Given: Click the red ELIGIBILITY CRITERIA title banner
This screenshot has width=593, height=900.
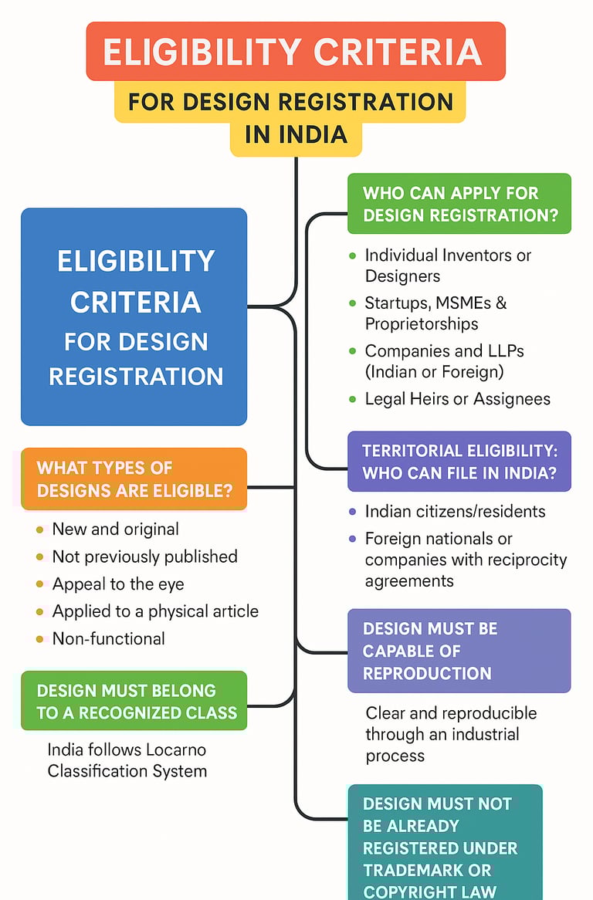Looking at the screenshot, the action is (295, 52).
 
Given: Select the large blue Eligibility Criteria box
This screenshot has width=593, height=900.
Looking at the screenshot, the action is (134, 316).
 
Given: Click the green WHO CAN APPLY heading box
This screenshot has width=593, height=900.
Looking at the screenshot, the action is (459, 204).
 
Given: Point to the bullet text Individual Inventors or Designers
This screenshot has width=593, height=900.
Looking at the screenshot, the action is (448, 265).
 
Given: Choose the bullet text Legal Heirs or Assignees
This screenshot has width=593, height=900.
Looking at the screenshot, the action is (457, 398).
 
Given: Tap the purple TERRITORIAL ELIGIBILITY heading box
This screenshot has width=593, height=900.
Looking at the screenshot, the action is (459, 462).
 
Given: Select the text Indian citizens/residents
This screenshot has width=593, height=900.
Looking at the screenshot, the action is (455, 511).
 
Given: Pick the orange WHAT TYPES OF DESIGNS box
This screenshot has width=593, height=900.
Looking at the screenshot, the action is (134, 479).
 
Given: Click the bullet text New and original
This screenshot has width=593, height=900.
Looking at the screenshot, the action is (115, 529).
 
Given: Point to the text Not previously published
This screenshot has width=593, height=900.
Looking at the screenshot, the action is (144, 557).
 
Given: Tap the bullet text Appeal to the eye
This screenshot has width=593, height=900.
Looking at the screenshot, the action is (118, 584).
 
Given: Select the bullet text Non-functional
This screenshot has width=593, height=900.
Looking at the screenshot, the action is (108, 638).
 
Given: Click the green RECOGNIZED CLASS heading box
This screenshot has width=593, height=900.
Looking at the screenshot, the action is (134, 701).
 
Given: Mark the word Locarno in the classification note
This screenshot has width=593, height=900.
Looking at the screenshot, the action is (172, 749).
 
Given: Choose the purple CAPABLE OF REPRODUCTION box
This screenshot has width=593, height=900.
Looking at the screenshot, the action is (459, 651).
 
